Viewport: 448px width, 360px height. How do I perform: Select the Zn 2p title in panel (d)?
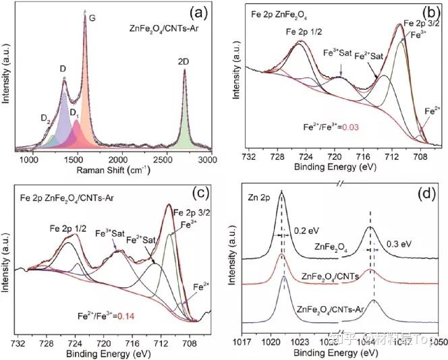(x=258, y=200)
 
